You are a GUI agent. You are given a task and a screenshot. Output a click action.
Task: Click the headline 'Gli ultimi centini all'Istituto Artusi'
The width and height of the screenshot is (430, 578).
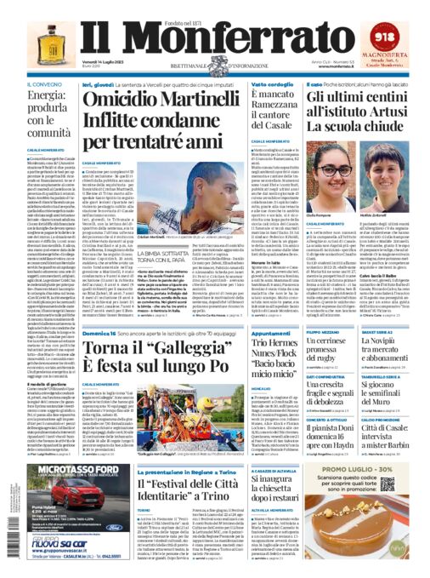tap(341, 108)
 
